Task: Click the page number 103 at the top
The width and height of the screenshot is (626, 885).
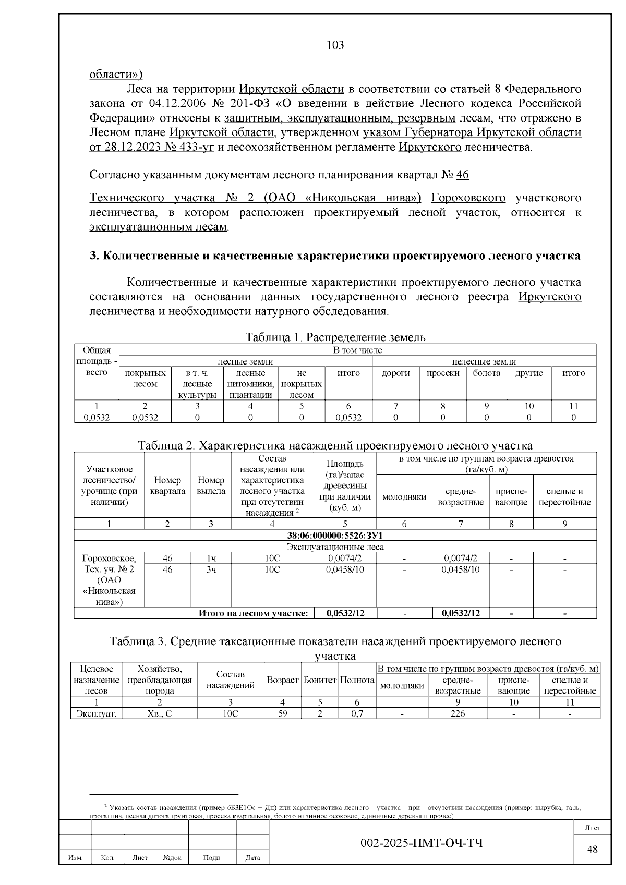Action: click(335, 45)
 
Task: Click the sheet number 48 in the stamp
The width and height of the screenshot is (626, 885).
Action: click(593, 849)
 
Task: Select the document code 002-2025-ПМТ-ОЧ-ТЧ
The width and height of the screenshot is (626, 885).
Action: click(422, 843)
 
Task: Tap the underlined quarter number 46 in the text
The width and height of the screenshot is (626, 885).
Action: click(462, 175)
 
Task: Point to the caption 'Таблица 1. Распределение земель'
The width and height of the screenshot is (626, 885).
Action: click(335, 337)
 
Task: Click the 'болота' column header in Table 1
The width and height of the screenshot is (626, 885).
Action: click(486, 373)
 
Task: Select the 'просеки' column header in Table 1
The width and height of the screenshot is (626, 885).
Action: click(442, 373)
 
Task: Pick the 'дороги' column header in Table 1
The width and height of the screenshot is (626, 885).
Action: click(396, 373)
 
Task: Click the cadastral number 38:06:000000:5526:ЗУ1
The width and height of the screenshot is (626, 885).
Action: click(335, 536)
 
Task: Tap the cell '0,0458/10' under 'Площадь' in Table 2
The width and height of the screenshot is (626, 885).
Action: click(345, 569)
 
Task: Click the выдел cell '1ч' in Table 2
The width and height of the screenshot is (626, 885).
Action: click(211, 558)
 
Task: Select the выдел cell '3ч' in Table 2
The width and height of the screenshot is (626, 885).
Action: click(211, 569)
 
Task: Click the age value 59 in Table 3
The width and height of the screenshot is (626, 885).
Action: click(282, 713)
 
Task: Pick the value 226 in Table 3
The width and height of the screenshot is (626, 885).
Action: click(458, 713)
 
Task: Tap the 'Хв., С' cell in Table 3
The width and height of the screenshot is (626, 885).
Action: click(160, 713)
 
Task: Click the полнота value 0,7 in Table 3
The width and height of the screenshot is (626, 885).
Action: click(357, 713)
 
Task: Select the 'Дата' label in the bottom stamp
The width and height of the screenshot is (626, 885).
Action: click(252, 858)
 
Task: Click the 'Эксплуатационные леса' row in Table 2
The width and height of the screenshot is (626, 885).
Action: click(335, 547)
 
